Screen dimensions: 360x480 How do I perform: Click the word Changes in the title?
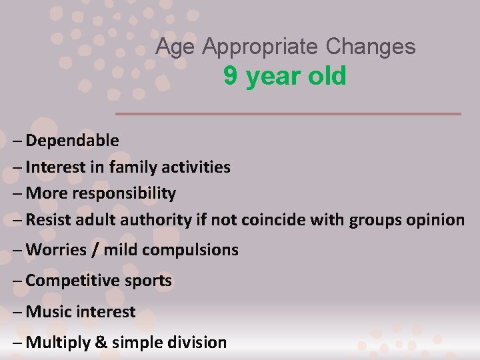(x=371, y=47)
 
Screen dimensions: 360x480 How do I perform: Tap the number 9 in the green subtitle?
(x=231, y=77)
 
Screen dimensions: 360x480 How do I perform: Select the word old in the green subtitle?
(x=327, y=77)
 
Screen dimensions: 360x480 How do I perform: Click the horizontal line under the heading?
(x=288, y=114)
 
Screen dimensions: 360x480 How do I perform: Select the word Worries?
(x=56, y=250)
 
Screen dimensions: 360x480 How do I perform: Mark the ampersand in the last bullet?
(x=102, y=343)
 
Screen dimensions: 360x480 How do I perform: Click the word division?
(x=196, y=343)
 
